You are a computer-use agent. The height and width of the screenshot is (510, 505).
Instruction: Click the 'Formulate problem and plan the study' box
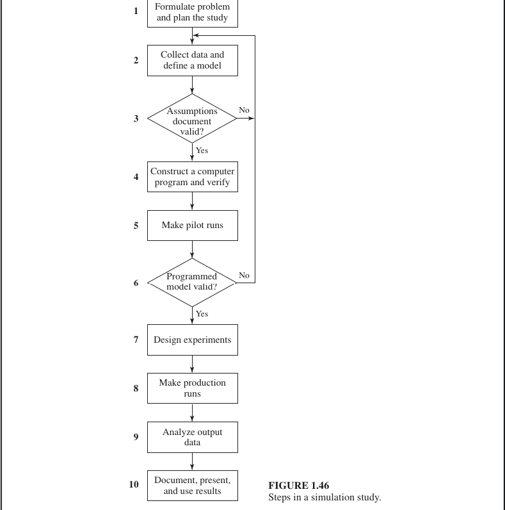tap(193, 13)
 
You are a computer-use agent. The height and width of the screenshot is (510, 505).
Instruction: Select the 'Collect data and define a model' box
tap(193, 60)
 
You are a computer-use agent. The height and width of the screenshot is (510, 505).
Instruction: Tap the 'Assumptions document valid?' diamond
tap(192, 119)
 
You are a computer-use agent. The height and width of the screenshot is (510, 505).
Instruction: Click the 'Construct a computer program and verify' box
tap(193, 177)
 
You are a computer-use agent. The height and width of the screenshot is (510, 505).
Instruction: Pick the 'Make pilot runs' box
tap(193, 226)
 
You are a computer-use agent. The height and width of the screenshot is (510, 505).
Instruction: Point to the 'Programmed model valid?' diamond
tap(192, 283)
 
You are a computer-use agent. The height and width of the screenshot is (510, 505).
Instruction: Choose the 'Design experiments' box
tap(193, 340)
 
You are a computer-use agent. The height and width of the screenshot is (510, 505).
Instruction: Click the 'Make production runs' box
tap(193, 388)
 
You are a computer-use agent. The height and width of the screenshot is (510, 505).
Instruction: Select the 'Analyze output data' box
tap(193, 437)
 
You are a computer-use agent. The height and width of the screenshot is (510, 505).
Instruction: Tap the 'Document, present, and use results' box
tap(193, 485)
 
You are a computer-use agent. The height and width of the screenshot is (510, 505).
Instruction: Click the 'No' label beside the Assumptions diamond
tap(244, 110)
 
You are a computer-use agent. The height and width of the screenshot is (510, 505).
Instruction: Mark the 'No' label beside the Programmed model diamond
tap(244, 275)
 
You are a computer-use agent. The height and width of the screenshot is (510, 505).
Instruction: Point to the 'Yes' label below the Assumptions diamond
tap(202, 151)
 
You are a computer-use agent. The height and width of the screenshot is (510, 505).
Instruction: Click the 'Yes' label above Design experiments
tap(202, 313)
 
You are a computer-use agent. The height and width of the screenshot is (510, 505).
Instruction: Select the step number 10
tap(134, 484)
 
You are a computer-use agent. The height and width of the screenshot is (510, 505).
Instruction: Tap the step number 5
tap(136, 226)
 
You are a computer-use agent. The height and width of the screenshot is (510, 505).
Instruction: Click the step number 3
tap(136, 119)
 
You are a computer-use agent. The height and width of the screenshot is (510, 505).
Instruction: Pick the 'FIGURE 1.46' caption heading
tap(299, 485)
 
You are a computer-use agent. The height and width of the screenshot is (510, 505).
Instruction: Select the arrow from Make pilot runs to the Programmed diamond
tap(192, 250)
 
